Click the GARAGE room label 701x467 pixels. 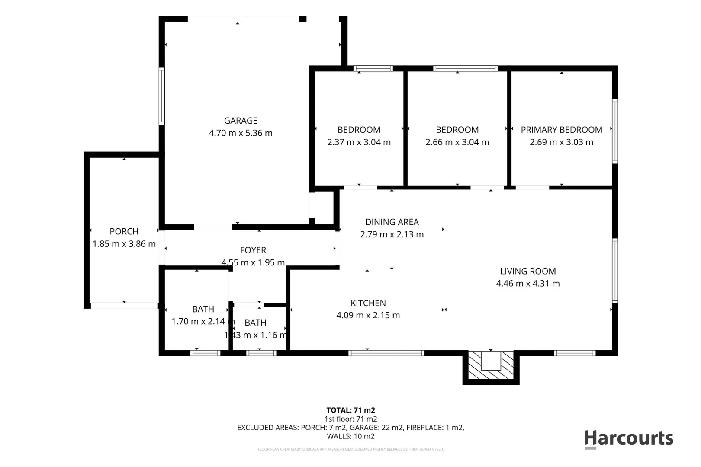click(x=241, y=121)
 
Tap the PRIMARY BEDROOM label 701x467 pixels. click(x=561, y=130)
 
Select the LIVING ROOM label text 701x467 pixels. click(x=528, y=271)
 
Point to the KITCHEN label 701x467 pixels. click(x=368, y=303)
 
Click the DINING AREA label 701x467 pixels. click(x=392, y=222)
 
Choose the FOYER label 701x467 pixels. click(x=253, y=250)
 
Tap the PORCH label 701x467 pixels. click(x=124, y=231)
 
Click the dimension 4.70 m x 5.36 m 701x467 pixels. click(x=241, y=133)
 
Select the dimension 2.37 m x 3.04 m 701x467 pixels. click(x=359, y=142)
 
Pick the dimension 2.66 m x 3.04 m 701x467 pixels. click(x=457, y=142)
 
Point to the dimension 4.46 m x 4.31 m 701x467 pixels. click(x=528, y=284)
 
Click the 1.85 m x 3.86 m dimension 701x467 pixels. click(x=124, y=244)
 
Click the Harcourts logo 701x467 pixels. click(x=628, y=438)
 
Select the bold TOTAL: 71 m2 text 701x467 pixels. click(x=350, y=410)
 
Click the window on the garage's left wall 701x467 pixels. click(x=162, y=96)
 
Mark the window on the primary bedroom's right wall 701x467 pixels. click(x=615, y=131)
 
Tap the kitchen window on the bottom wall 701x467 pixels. click(x=386, y=353)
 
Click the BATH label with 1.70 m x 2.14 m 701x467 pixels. click(x=203, y=309)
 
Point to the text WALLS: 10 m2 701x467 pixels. click(x=350, y=436)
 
